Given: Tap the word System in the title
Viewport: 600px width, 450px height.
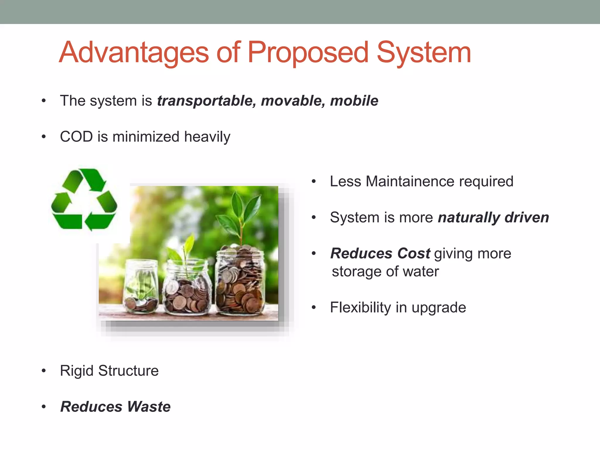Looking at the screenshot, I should pos(424,53).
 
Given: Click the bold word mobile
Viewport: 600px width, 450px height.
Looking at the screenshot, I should pos(354,101).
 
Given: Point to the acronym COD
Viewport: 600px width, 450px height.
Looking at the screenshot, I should pos(76,137).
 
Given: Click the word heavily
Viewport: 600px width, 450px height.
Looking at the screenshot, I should pos(207,137).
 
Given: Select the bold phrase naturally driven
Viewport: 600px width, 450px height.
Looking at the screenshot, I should pos(493,217).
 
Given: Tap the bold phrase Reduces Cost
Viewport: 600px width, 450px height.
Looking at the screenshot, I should pos(380,253).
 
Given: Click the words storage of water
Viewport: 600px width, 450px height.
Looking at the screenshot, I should pos(385,272).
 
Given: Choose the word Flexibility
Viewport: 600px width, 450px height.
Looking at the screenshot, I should pos(360,308).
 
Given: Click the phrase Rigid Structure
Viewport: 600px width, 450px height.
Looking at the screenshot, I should pos(109,371).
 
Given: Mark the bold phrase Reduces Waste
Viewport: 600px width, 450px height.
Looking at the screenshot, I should pos(115,407).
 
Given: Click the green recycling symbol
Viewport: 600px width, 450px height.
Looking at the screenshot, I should pos(84,200).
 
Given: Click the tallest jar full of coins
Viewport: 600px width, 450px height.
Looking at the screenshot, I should pos(240,281).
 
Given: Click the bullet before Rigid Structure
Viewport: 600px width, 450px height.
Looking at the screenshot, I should pos(44,371).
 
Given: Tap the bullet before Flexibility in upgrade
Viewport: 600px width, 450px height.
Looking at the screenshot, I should pos(314,308).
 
